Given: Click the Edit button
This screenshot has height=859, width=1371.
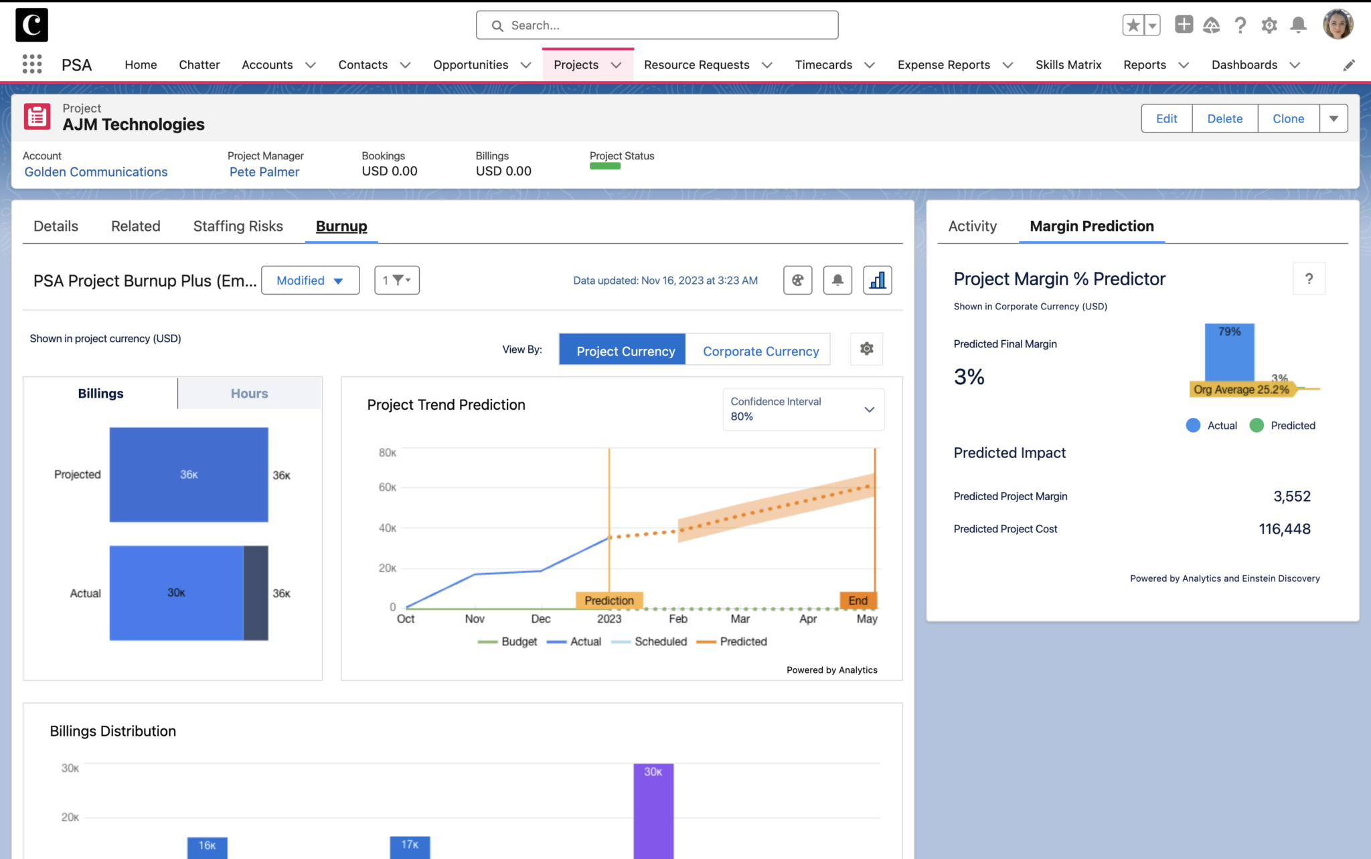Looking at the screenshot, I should (1166, 119).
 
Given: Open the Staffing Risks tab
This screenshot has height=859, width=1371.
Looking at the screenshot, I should (238, 226).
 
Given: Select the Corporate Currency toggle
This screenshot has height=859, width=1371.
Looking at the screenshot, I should (760, 351).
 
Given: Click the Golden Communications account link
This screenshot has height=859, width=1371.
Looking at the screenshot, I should (96, 172).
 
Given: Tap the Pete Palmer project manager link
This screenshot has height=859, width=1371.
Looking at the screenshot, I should (264, 172).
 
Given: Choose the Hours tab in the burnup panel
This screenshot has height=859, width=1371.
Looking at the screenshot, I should (249, 394).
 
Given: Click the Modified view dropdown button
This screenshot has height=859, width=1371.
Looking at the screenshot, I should (310, 281).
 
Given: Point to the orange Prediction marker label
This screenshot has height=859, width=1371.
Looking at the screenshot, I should (609, 601).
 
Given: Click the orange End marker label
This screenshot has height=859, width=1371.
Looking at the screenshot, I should (858, 601).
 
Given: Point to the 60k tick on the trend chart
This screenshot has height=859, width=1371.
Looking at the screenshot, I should (388, 487).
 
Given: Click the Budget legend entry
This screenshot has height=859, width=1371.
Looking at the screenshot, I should (508, 641).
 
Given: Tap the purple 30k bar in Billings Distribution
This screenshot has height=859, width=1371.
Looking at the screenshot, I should (653, 810).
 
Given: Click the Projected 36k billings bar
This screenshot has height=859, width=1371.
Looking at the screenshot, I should (189, 475).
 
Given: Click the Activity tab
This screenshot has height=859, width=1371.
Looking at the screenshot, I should (972, 226).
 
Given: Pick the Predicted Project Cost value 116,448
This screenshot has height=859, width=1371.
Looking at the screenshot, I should (1284, 529).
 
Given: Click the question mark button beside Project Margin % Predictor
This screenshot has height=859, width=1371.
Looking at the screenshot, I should (1309, 279).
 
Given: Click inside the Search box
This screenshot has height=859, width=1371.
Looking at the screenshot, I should (657, 25).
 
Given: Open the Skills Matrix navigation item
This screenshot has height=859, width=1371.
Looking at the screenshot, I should (1068, 65).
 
